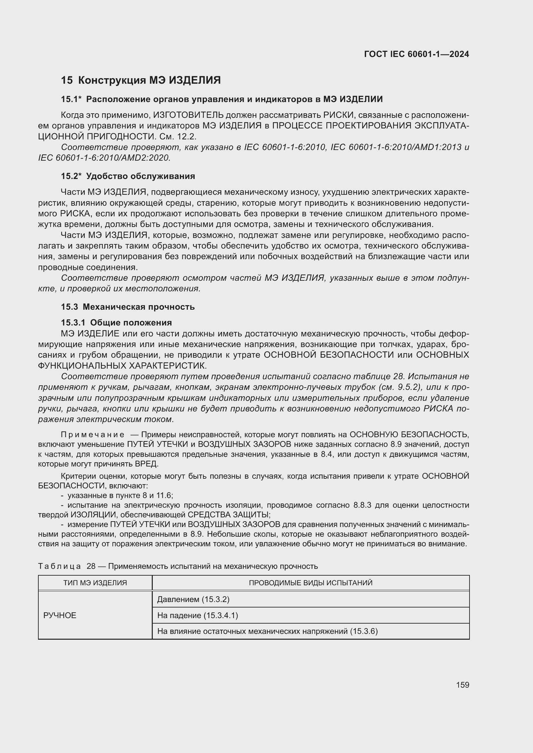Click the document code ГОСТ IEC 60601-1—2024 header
pyautogui.click(x=416, y=54)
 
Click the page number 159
pyautogui.click(x=462, y=685)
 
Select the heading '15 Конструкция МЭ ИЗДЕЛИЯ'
pyautogui.click(x=141, y=80)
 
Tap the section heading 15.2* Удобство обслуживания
pyautogui.click(x=128, y=176)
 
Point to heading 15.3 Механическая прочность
pyautogui.click(x=128, y=307)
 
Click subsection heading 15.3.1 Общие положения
pyautogui.click(x=116, y=322)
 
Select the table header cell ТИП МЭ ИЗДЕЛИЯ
pyautogui.click(x=95, y=583)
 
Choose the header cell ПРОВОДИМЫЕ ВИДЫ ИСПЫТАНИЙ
pyautogui.click(x=310, y=583)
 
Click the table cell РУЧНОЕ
pyautogui.click(x=60, y=615)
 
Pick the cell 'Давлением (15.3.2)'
pyautogui.click(x=193, y=599)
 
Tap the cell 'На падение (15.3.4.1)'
pyautogui.click(x=198, y=615)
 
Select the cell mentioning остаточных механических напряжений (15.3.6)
pyautogui.click(x=267, y=631)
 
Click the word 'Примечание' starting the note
pyautogui.click(x=93, y=435)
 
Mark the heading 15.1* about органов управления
pyautogui.click(x=222, y=99)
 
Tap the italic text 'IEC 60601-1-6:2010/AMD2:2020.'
pyautogui.click(x=104, y=158)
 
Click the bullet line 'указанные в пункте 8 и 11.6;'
pyautogui.click(x=120, y=495)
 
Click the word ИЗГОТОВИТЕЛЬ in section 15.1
pyautogui.click(x=189, y=115)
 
